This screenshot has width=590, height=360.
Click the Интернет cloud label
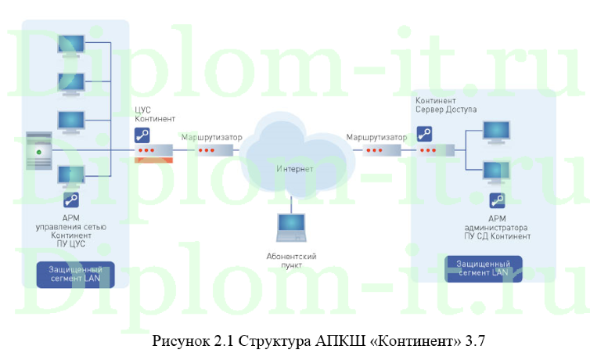(294, 168)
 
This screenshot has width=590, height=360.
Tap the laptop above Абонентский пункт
(290, 227)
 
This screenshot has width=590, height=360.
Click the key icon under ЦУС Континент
(142, 135)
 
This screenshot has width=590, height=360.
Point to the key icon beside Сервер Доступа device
(425, 134)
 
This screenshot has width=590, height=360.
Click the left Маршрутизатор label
(211, 137)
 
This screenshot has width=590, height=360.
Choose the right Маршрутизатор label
(376, 137)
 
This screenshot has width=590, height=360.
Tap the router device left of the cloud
(211, 149)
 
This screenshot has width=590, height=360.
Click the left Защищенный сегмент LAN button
(76, 273)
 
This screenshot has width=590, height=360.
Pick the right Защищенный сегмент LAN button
(477, 268)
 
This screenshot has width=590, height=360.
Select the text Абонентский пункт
(290, 261)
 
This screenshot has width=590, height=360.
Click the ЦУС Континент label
(153, 113)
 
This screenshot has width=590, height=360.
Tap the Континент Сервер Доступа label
(446, 105)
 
